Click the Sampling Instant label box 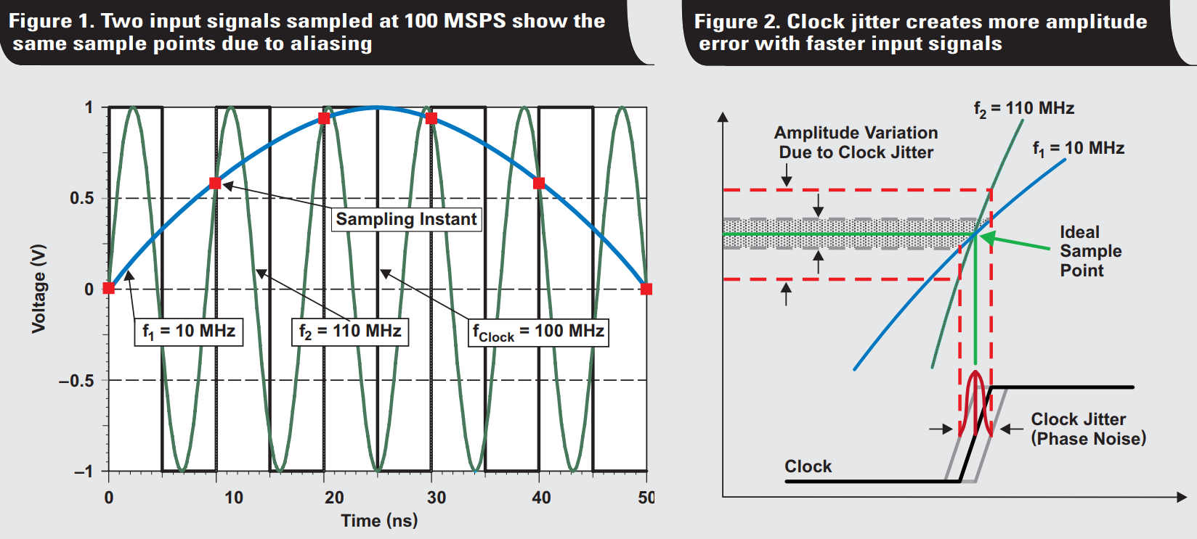tap(407, 219)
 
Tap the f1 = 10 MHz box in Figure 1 tap(189, 332)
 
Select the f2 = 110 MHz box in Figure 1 tap(350, 332)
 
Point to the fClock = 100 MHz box tap(538, 332)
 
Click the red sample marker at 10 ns tap(215, 184)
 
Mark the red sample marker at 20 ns tap(324, 118)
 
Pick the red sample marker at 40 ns tap(539, 184)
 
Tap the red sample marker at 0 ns tap(108, 289)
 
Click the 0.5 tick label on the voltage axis tap(82, 199)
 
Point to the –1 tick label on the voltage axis tap(83, 472)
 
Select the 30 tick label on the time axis tap(437, 498)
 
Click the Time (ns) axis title tap(379, 521)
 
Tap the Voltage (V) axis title tap(38, 289)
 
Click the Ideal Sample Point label tap(1091, 251)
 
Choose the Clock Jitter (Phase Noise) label tap(1089, 429)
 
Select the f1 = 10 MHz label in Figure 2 tap(1079, 149)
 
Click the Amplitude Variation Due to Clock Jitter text tap(856, 142)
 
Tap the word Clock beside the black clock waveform tap(808, 467)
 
